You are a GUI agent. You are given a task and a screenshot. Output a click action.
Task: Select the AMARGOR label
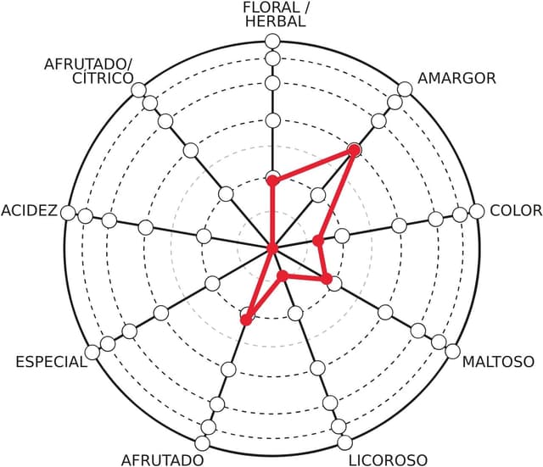coord(456,79)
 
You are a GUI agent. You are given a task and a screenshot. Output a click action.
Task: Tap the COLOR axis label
coord(515,210)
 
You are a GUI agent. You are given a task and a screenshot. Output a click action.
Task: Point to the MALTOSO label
coord(498,362)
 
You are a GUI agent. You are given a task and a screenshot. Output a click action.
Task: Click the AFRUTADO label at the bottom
coord(162,459)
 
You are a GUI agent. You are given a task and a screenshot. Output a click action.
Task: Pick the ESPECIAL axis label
coord(51,362)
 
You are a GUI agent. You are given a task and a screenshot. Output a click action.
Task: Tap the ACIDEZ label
coord(30,210)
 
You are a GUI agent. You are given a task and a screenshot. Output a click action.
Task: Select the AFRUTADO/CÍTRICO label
coord(89,71)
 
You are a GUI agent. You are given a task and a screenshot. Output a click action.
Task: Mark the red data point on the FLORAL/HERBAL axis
coord(272,180)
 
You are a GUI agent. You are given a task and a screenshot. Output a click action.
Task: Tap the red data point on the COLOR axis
coord(318,241)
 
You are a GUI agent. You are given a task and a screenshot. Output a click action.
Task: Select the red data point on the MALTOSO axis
coord(327,278)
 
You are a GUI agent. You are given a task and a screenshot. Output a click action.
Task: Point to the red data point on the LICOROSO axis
coord(282,275)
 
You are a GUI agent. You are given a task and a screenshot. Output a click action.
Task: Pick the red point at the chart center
coord(272,248)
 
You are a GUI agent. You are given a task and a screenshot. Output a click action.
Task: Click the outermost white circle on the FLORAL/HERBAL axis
coord(272,41)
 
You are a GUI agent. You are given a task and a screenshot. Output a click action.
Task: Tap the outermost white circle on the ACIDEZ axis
coord(69,212)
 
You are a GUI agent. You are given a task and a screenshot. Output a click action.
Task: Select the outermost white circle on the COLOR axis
coord(476,212)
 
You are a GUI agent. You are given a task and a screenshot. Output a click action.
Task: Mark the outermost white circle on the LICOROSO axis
coord(344,442)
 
